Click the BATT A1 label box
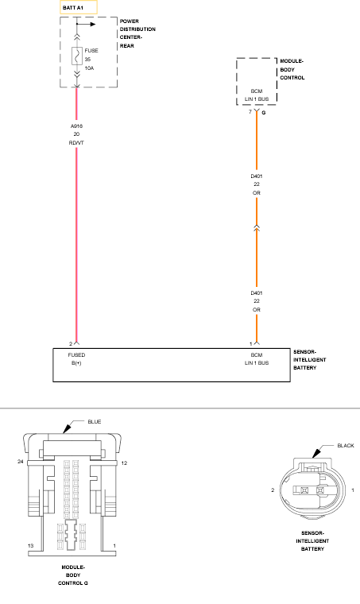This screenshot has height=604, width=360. (x=79, y=7)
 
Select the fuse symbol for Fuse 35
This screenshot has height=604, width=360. (x=76, y=56)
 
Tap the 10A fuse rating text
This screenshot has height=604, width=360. (x=89, y=68)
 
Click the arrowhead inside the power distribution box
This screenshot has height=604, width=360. (x=93, y=25)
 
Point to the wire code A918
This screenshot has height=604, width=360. (x=76, y=126)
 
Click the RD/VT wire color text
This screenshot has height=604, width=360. (x=76, y=142)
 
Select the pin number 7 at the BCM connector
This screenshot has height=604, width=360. (x=250, y=112)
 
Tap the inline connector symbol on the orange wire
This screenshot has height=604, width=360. (x=257, y=227)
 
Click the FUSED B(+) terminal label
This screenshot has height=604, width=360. (x=76, y=359)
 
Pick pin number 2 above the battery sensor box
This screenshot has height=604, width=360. (x=71, y=343)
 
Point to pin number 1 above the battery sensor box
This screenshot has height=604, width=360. (x=251, y=343)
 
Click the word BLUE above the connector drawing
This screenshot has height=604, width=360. (x=95, y=422)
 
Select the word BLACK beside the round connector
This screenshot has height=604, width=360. (x=346, y=446)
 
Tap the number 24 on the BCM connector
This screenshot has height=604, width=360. (x=21, y=461)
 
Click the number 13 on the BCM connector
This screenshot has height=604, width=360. (x=31, y=545)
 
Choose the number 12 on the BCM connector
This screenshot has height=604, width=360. (x=124, y=463)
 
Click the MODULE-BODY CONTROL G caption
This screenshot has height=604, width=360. (x=73, y=575)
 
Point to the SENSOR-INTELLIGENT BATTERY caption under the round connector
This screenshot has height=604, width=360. (x=312, y=541)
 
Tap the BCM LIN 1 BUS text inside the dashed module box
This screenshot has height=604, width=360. (x=257, y=95)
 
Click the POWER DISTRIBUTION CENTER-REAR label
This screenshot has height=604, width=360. (x=137, y=33)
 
